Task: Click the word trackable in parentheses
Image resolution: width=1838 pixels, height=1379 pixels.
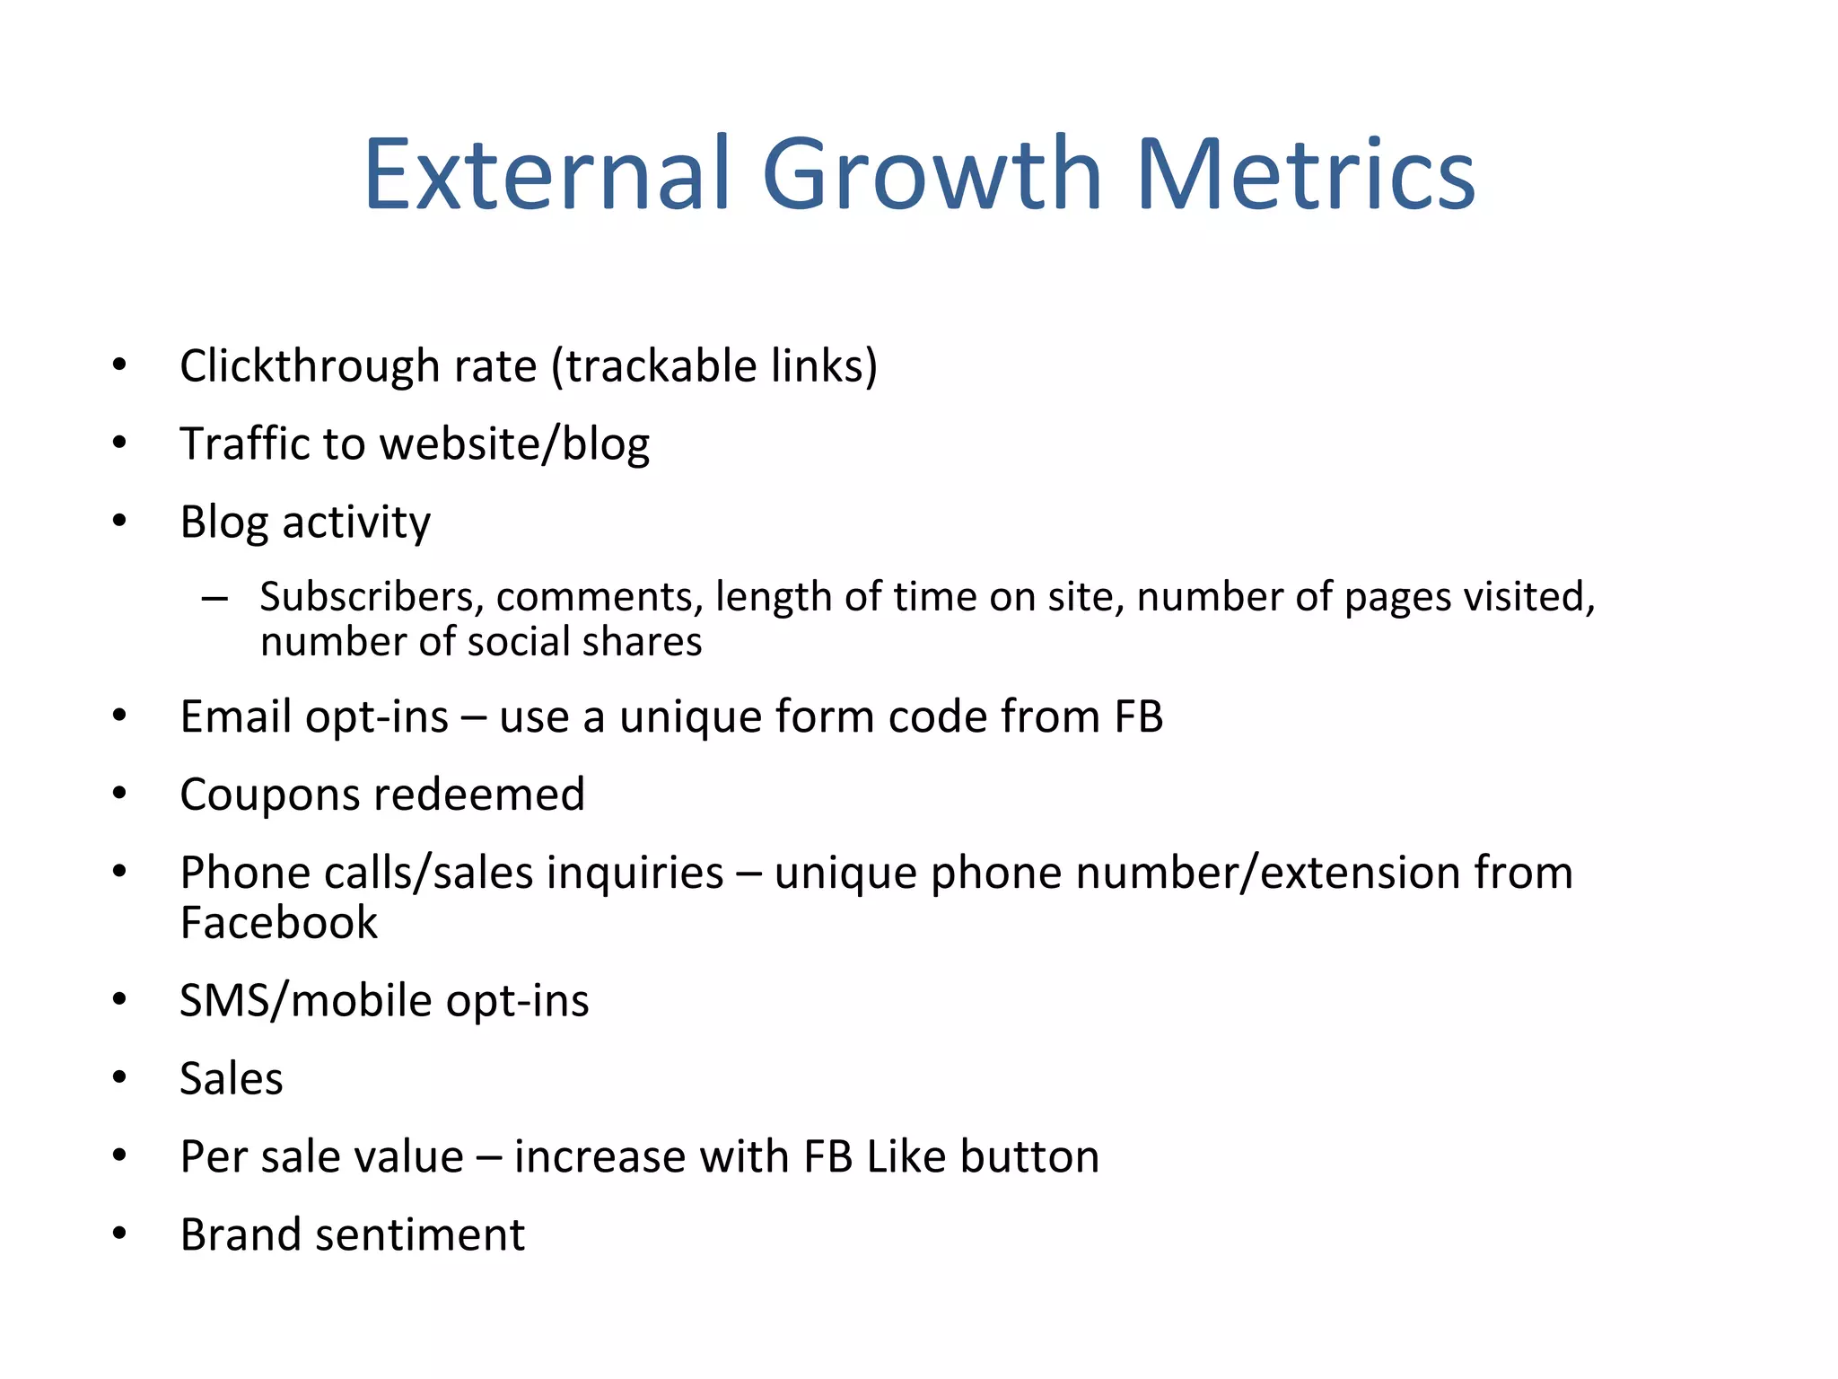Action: tap(661, 366)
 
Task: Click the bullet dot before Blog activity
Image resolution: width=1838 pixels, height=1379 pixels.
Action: tap(119, 521)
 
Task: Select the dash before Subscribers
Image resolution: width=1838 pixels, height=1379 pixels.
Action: tap(214, 598)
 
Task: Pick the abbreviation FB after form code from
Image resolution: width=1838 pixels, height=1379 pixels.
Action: tap(1138, 716)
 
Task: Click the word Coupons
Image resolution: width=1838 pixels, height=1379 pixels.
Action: tap(269, 795)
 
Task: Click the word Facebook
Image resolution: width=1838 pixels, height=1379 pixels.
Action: tap(278, 923)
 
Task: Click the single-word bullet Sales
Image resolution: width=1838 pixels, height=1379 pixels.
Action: tap(231, 1078)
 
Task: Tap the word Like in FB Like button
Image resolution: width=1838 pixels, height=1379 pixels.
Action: tap(906, 1156)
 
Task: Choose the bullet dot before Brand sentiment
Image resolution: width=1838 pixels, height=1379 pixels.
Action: tap(119, 1234)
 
